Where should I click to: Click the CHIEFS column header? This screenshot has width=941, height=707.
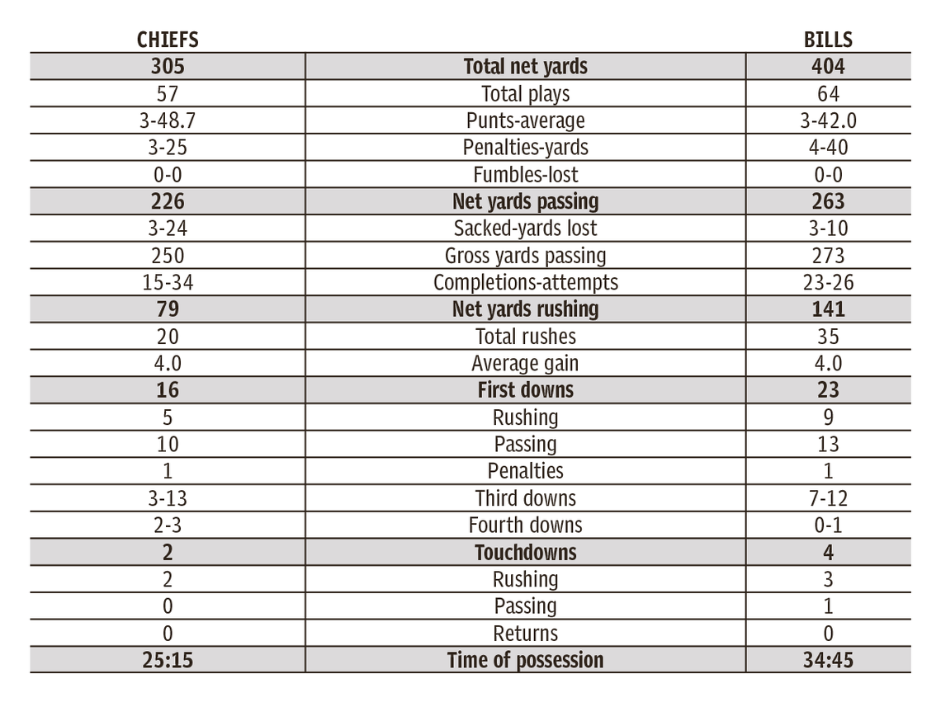(168, 40)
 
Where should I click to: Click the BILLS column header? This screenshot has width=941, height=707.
(828, 40)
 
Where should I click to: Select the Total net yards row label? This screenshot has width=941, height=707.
(525, 67)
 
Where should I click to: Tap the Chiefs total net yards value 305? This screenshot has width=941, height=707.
(168, 67)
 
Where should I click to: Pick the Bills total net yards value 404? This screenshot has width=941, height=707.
(828, 67)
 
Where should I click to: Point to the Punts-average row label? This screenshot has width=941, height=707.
(525, 120)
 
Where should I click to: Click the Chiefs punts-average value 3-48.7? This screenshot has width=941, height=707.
(168, 120)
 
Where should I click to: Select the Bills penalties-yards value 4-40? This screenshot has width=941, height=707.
(828, 148)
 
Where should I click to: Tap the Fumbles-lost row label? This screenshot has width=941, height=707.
(525, 175)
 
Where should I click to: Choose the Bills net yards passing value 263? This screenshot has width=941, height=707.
(828, 201)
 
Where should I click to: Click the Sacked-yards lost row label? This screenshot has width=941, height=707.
(525, 229)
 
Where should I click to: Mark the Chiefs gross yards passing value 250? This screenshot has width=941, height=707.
(168, 256)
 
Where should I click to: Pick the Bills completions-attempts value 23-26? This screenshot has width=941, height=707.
(828, 282)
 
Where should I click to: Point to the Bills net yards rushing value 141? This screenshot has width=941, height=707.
(828, 309)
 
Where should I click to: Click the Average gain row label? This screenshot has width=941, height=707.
(525, 363)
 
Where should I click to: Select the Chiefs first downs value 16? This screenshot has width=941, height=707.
(168, 390)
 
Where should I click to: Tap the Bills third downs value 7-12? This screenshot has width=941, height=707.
(828, 498)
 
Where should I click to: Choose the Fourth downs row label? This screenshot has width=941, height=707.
(525, 525)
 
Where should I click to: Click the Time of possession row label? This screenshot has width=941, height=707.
(525, 660)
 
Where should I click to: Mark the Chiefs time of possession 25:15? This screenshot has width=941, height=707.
(168, 660)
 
